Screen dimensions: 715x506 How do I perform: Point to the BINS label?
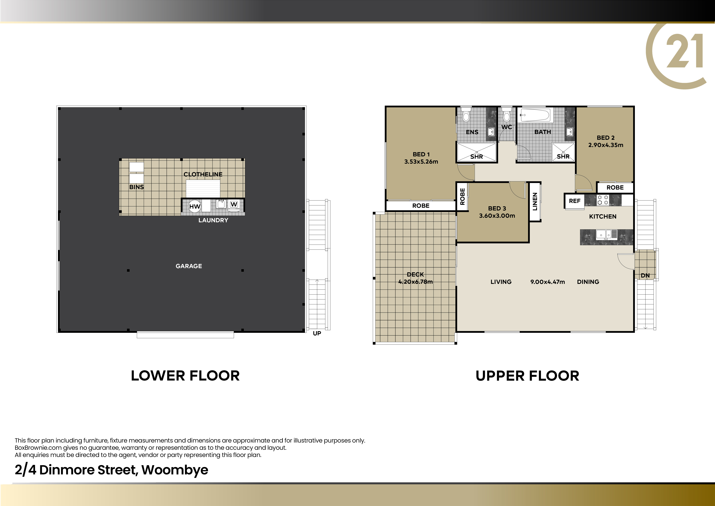[x=136, y=187]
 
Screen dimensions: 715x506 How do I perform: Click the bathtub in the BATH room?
[x=535, y=115]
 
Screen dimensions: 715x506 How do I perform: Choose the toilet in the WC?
[x=507, y=115]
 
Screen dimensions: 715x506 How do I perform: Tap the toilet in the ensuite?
[x=466, y=115]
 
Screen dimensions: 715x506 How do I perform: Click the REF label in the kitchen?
[x=575, y=201]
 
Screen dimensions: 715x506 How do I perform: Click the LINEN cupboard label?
[x=535, y=202]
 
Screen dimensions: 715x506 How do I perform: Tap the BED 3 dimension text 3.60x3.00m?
[x=497, y=216]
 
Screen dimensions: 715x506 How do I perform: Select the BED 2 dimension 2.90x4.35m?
[x=606, y=145]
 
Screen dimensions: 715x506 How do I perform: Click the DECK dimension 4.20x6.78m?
[x=415, y=282]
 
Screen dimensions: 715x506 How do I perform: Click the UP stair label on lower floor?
[x=317, y=333]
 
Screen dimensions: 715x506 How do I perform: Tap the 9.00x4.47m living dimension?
[x=548, y=282]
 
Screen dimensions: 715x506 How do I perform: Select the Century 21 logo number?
[x=684, y=51]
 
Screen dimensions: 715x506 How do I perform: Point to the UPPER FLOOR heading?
[x=527, y=376]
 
